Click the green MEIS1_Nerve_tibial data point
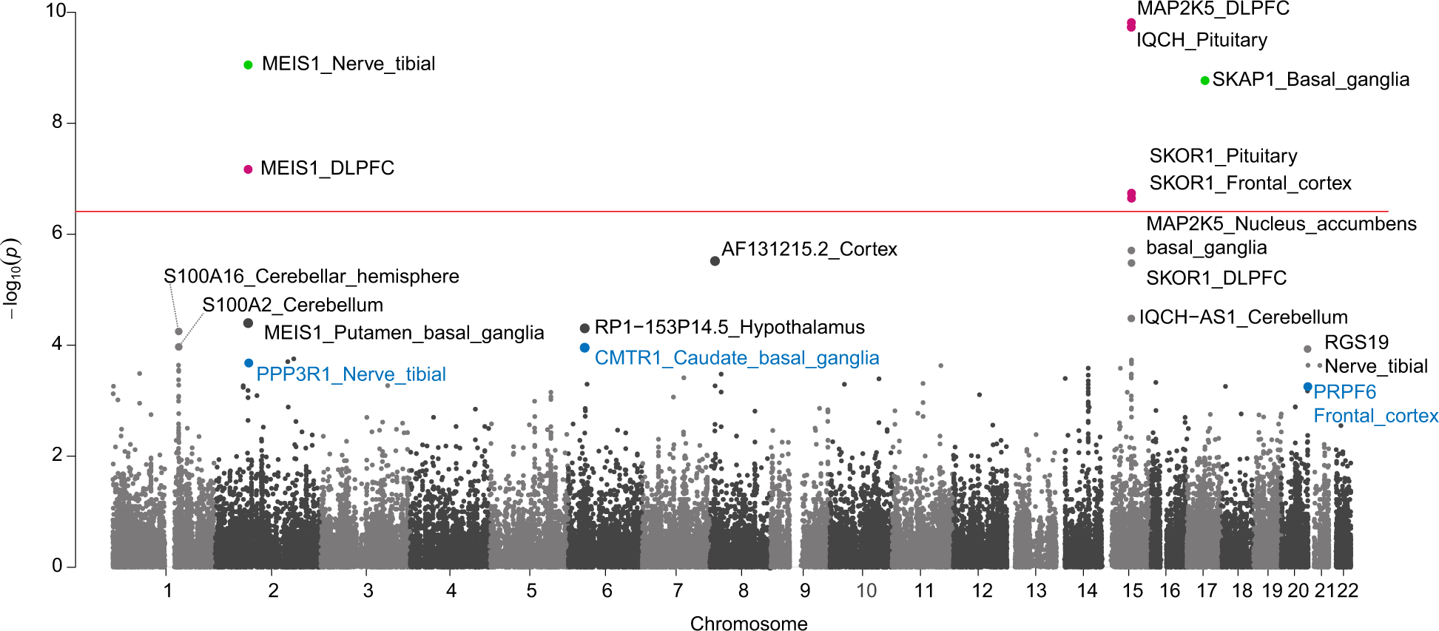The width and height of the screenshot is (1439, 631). pyautogui.click(x=248, y=65)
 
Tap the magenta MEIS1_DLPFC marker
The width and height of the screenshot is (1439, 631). pyautogui.click(x=248, y=169)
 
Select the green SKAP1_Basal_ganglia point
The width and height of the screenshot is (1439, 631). pyautogui.click(x=1204, y=81)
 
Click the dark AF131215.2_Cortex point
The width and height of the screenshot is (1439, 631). pyautogui.click(x=715, y=261)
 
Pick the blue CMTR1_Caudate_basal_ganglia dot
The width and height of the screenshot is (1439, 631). pyautogui.click(x=584, y=348)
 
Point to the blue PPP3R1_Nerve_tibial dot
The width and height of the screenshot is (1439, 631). pyautogui.click(x=249, y=363)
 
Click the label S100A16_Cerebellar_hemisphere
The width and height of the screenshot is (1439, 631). pyautogui.click(x=311, y=277)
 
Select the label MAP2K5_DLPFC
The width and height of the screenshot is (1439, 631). pyautogui.click(x=1213, y=9)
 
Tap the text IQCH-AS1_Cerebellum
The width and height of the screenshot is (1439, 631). pyautogui.click(x=1243, y=317)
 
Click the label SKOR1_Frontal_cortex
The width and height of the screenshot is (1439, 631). pyautogui.click(x=1250, y=183)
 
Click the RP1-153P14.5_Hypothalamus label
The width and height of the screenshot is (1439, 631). pyautogui.click(x=729, y=328)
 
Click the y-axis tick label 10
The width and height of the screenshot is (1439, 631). pyautogui.click(x=55, y=11)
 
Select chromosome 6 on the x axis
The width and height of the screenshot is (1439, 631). pyautogui.click(x=607, y=591)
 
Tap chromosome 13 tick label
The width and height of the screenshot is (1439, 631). pyautogui.click(x=1036, y=591)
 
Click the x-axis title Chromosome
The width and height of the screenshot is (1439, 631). pyautogui.click(x=748, y=624)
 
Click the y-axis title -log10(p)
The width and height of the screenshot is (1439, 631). pyautogui.click(x=12, y=279)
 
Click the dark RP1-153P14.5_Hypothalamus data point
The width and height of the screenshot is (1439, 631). pyautogui.click(x=584, y=328)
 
